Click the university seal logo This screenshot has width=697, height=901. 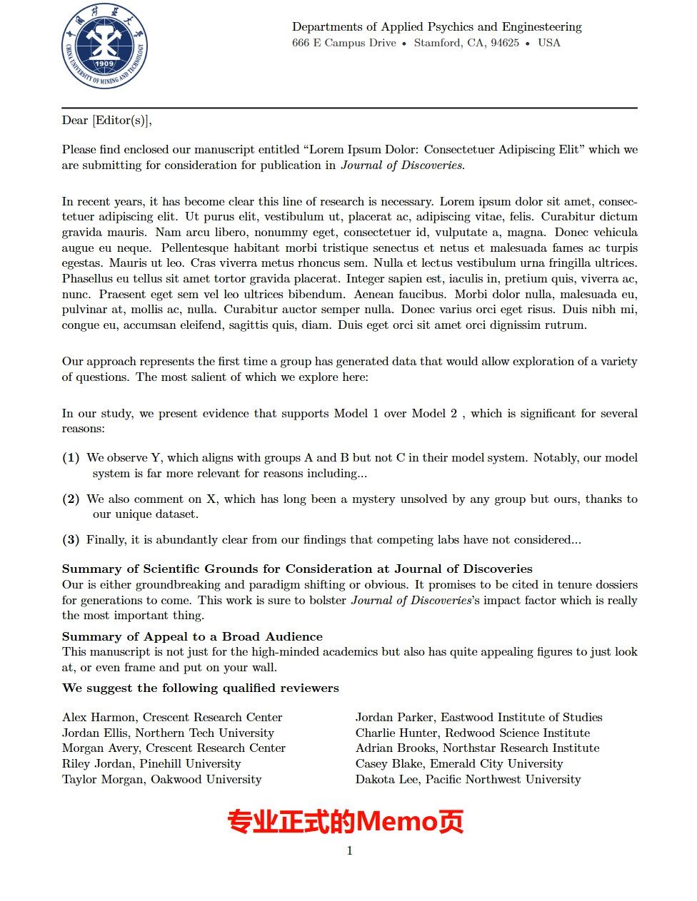(104, 46)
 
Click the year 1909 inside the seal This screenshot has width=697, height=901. (104, 63)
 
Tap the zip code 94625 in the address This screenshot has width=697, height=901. (504, 43)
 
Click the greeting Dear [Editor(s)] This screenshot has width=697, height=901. (106, 121)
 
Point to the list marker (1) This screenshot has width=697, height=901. (71, 458)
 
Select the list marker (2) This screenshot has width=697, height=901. (71, 499)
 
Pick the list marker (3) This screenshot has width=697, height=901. (71, 540)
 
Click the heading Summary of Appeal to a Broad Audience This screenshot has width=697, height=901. (192, 636)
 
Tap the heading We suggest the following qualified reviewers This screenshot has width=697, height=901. (200, 688)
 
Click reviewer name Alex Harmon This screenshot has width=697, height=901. (99, 718)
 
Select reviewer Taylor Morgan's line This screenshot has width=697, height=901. (161, 780)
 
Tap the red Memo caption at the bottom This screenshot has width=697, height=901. (346, 822)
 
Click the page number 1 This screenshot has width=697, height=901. (349, 850)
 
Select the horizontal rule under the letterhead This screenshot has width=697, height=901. (349, 108)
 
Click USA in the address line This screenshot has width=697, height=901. (549, 43)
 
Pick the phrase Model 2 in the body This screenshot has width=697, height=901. (434, 414)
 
